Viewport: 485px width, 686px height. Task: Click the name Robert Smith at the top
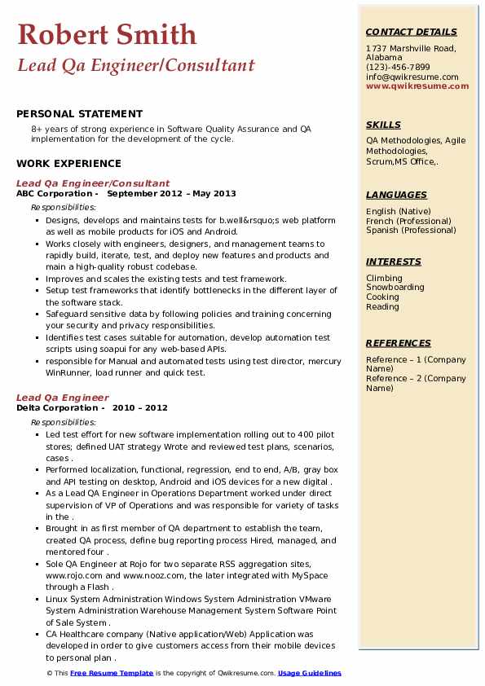(x=107, y=34)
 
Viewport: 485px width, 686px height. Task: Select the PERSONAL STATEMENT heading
(x=79, y=114)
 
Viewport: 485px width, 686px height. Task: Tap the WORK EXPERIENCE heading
(x=68, y=164)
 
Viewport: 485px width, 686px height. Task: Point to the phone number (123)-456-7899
(x=398, y=68)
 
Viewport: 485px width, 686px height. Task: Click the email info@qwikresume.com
(x=412, y=77)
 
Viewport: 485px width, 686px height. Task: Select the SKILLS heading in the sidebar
(x=383, y=125)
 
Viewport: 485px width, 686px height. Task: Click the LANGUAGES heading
(x=396, y=195)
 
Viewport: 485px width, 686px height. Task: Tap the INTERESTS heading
(x=394, y=262)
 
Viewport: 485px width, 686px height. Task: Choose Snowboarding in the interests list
(x=395, y=288)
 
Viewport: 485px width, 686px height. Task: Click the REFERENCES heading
(x=399, y=343)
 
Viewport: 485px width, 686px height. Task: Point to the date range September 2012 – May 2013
(x=171, y=194)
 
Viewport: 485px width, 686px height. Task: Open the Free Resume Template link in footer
(x=112, y=673)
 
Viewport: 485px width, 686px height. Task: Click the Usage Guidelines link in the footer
(x=309, y=673)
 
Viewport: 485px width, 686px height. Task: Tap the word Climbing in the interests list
(x=384, y=278)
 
